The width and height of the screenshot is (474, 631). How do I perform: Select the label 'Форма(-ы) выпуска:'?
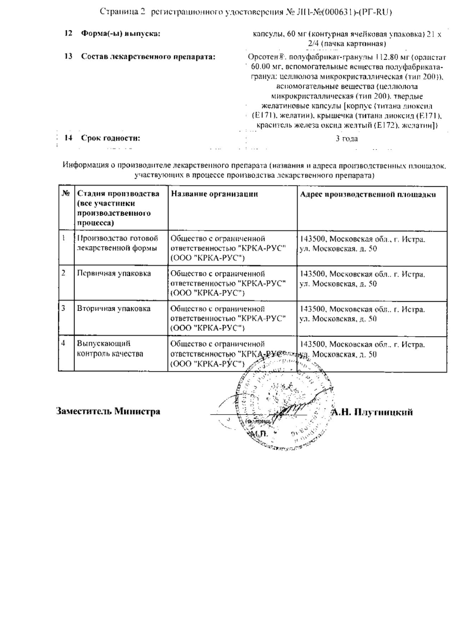[121, 34]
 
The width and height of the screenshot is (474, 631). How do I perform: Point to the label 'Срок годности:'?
[110, 138]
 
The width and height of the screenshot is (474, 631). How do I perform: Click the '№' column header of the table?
[66, 194]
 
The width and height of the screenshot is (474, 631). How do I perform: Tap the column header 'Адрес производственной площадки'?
[368, 194]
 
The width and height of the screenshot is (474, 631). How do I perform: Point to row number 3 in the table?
[63, 308]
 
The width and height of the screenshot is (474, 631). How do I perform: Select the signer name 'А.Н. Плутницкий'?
[372, 412]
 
